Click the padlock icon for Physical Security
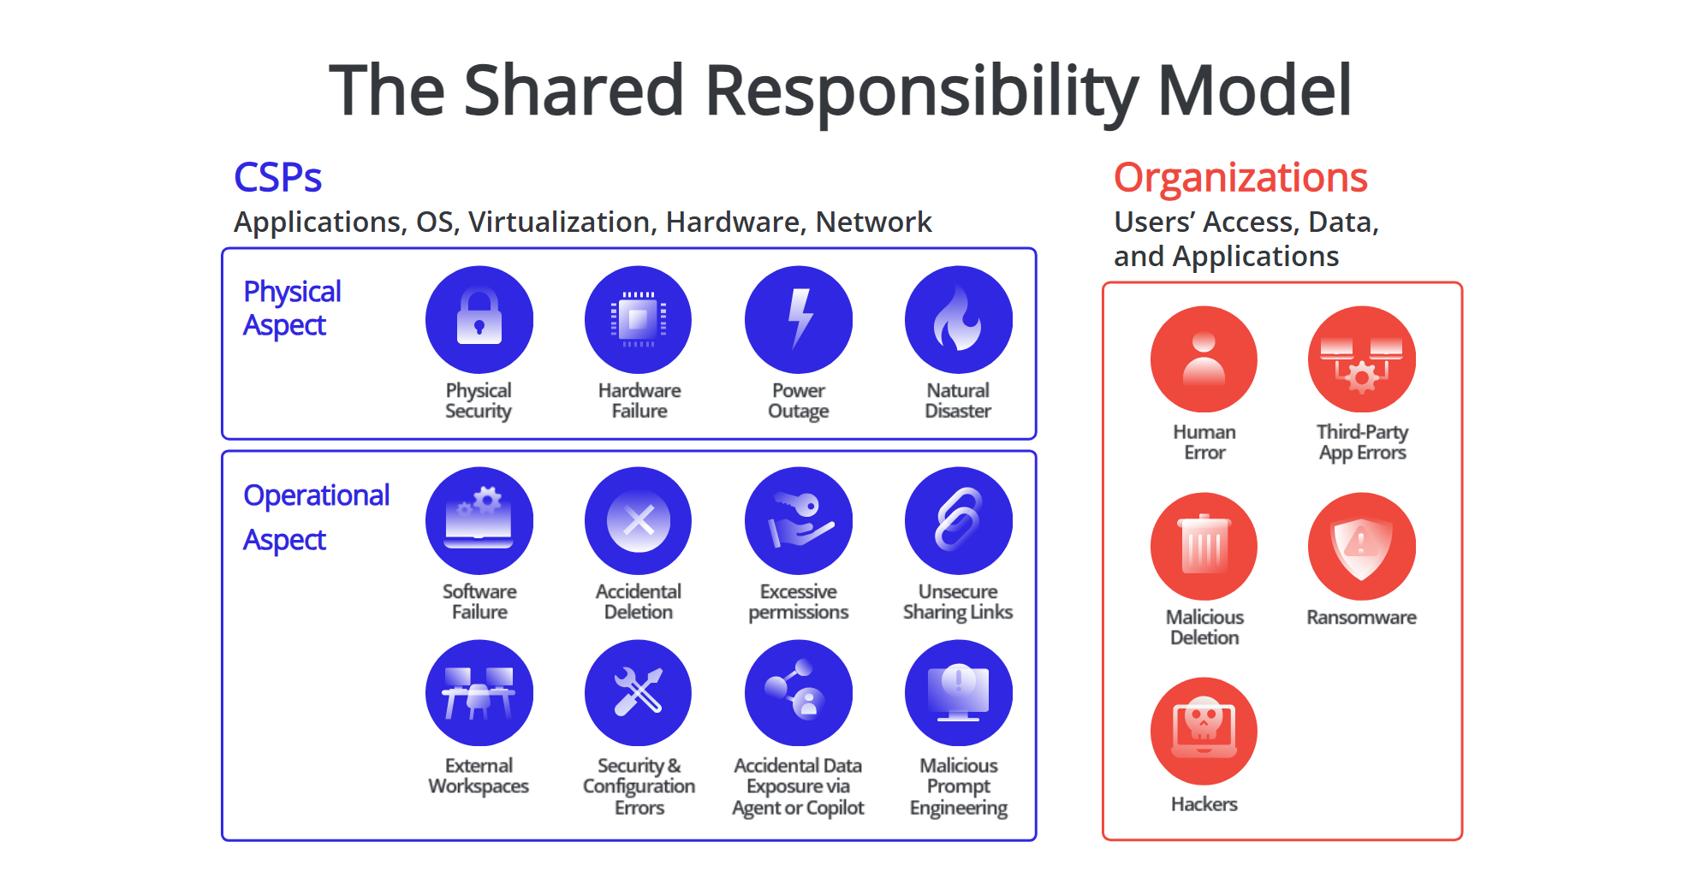point(479,319)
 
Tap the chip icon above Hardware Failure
point(639,319)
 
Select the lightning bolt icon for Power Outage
point(799,319)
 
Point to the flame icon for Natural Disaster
point(959,319)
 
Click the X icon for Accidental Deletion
point(639,520)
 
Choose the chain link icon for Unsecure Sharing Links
point(959,520)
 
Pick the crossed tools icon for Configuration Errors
point(639,693)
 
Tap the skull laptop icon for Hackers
point(1204,731)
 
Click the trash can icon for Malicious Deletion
point(1204,546)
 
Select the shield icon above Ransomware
point(1362,546)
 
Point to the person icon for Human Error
point(1204,359)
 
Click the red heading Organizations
point(1240,179)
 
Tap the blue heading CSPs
point(278,178)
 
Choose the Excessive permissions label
point(799,602)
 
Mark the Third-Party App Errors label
point(1362,442)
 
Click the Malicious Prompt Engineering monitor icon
point(959,693)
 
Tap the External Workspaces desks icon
point(479,693)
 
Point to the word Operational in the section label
point(317,495)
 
